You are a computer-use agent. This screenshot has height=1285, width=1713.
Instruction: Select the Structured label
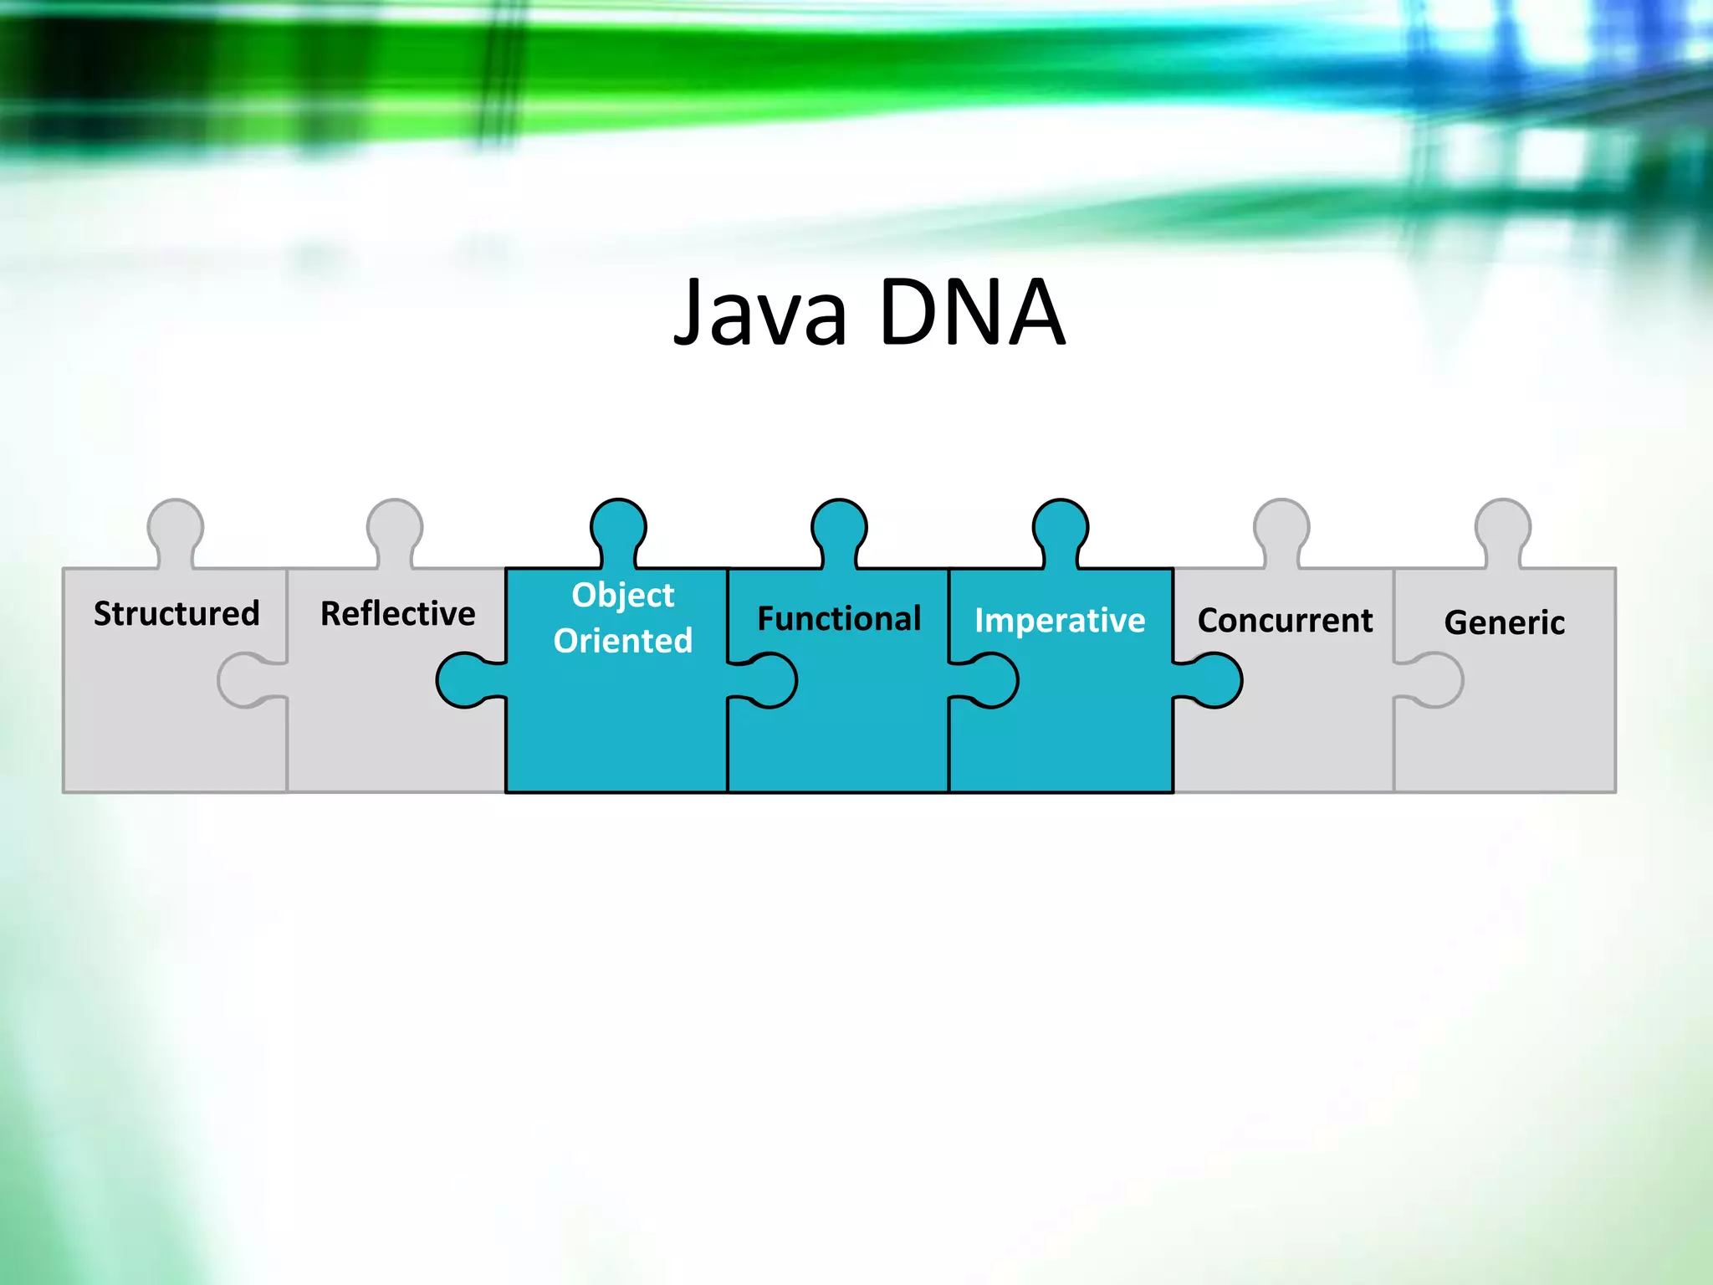[176, 613]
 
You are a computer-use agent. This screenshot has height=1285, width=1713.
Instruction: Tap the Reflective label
[397, 613]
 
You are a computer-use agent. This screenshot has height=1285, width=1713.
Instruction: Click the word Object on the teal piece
[622, 595]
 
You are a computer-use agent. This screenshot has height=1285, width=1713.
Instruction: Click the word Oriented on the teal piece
[622, 641]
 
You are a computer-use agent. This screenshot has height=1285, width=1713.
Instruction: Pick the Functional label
[839, 619]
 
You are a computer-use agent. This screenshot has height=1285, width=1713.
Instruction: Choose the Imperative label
[1060, 621]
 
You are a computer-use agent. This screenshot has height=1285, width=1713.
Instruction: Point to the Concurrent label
[1285, 621]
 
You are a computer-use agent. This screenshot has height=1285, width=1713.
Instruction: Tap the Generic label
[1504, 622]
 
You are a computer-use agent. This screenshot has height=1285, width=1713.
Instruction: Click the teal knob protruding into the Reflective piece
[465, 680]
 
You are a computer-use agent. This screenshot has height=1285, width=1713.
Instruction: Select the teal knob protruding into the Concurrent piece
[1213, 680]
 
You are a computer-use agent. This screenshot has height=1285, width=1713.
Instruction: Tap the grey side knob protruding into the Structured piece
[245, 680]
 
